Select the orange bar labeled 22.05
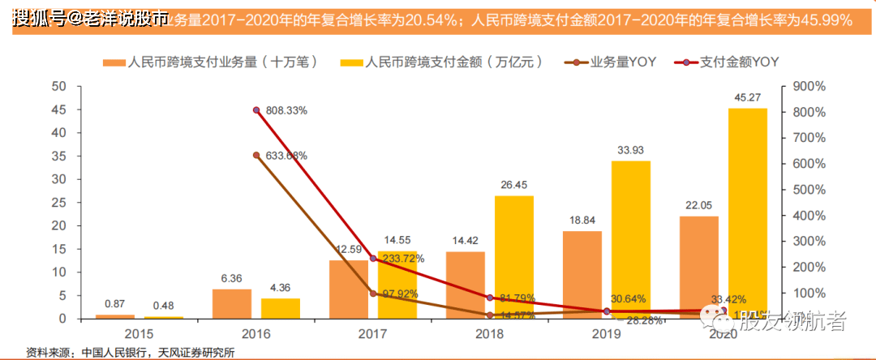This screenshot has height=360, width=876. [698, 267]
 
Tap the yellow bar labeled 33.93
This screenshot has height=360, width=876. [630, 239]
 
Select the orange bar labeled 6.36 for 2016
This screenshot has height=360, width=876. [232, 303]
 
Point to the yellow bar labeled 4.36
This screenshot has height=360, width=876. [280, 308]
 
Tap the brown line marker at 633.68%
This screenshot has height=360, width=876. [256, 155]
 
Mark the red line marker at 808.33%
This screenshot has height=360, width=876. [256, 110]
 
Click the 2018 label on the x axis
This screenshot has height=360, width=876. [489, 333]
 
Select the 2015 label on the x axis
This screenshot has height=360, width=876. [138, 333]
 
